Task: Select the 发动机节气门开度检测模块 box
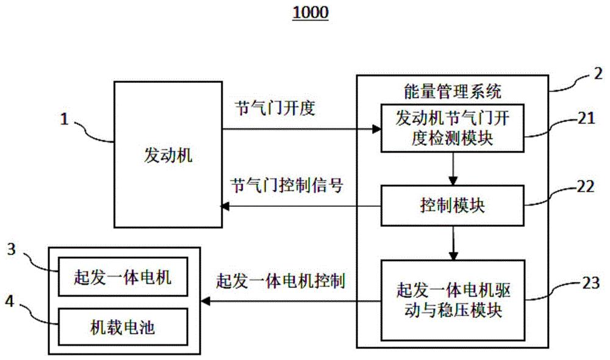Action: (x=452, y=128)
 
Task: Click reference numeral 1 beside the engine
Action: (x=63, y=120)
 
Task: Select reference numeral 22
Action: (x=586, y=188)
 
